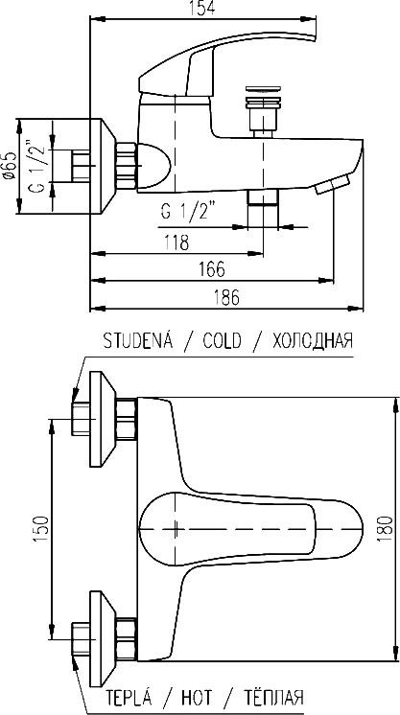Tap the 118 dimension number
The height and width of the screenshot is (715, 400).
(177, 242)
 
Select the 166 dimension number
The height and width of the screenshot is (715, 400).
(212, 269)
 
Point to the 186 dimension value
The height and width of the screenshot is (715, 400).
(226, 298)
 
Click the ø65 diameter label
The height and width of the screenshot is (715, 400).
(9, 167)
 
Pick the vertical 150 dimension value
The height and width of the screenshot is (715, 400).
(40, 529)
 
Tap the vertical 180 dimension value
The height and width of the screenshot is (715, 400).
(385, 528)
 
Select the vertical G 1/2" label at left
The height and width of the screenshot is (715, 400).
(39, 166)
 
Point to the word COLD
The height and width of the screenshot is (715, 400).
(222, 340)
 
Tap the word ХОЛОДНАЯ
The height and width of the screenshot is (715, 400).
(313, 340)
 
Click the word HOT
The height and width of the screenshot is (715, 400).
(197, 698)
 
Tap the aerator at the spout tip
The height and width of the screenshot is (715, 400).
(333, 184)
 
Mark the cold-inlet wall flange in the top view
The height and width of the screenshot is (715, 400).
(102, 419)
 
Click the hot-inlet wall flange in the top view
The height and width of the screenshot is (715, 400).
(102, 639)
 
